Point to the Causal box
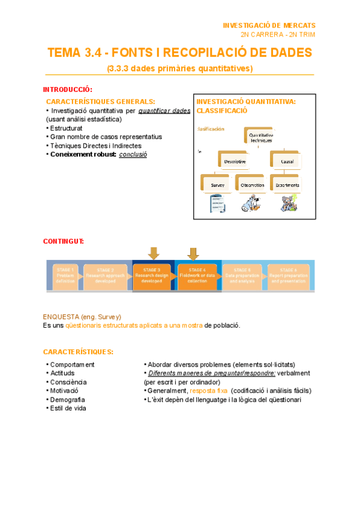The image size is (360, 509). (286, 161)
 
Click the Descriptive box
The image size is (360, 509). (235, 161)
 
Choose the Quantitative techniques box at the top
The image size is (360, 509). (260, 137)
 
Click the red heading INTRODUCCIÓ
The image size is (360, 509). (67, 89)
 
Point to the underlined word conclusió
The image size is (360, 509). (133, 154)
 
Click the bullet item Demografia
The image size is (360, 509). (67, 400)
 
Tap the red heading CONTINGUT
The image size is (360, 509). (64, 241)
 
